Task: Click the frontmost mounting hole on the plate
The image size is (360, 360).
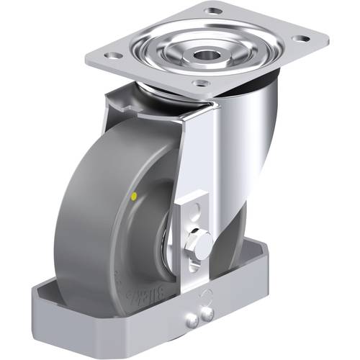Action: click(x=201, y=83)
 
